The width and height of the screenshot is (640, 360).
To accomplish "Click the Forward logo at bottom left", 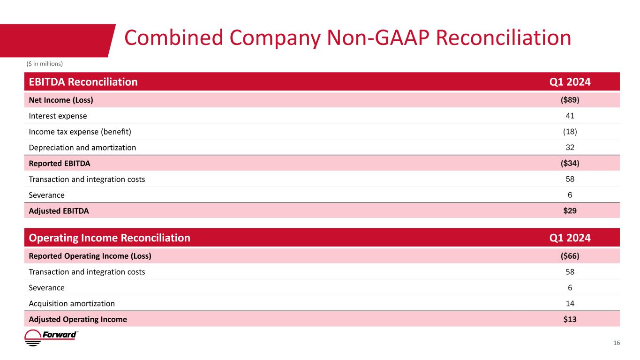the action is click(x=51, y=337).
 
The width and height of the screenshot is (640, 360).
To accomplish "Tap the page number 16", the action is click(x=617, y=343).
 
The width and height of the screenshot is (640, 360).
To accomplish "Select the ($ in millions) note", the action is click(x=45, y=64).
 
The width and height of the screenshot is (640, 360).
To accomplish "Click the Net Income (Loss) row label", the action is click(x=61, y=100).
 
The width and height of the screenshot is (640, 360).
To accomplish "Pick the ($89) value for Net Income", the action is click(x=570, y=100).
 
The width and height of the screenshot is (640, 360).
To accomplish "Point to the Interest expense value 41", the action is click(x=570, y=116).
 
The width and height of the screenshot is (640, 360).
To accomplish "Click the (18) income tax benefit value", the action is click(x=570, y=131).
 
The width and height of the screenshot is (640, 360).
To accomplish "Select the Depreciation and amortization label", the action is click(x=83, y=148).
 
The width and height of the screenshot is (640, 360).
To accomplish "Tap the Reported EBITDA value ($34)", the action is click(x=570, y=163).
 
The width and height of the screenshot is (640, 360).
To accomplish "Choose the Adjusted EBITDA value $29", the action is click(x=570, y=211).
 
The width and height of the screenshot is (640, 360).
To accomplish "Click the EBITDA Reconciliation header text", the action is click(x=83, y=82).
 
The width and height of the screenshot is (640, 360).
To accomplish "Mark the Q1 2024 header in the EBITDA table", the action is click(x=570, y=82).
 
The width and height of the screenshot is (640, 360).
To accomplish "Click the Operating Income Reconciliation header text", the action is click(x=109, y=238).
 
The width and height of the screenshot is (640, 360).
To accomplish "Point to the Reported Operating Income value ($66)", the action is click(x=570, y=256).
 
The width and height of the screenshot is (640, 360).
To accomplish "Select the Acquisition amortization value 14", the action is click(x=570, y=303).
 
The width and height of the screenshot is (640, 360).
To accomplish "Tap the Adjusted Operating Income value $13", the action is click(x=570, y=319).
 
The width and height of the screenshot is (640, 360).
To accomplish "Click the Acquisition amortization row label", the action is click(x=72, y=303).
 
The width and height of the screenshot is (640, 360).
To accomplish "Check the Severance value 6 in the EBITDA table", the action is click(x=570, y=195).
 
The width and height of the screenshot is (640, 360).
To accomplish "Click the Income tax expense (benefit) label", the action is click(x=80, y=132).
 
